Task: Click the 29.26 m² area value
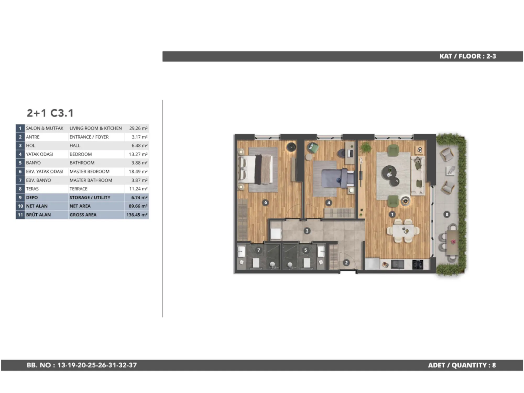click(x=138, y=128)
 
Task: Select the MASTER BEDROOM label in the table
click(x=90, y=172)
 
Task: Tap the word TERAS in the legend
click(x=32, y=189)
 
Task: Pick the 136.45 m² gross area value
click(x=137, y=215)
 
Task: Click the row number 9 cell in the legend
click(x=20, y=198)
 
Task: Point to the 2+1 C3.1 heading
click(x=50, y=113)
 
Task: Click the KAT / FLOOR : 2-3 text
click(x=468, y=56)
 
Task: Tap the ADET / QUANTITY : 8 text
click(x=462, y=365)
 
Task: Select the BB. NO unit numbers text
click(x=82, y=365)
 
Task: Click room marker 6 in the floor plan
click(x=266, y=202)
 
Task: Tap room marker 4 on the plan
click(x=329, y=203)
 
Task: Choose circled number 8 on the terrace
click(x=447, y=215)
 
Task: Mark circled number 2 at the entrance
click(x=346, y=263)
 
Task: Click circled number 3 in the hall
click(x=307, y=231)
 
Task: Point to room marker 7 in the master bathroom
click(x=259, y=250)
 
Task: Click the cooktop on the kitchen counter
click(x=418, y=264)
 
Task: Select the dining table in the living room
click(x=403, y=231)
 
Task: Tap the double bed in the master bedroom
click(x=255, y=169)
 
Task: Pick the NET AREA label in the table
click(x=80, y=206)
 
